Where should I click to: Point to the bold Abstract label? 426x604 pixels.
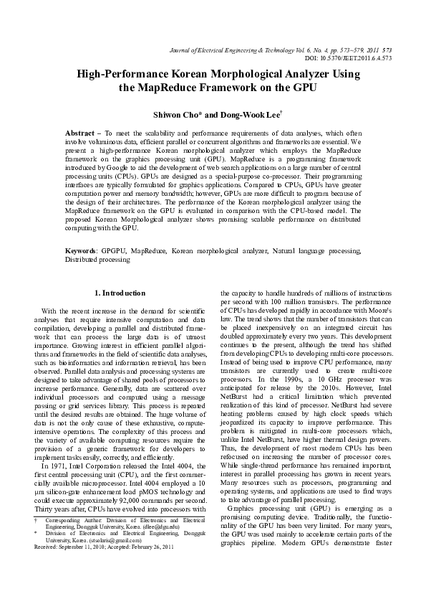click(x=81, y=134)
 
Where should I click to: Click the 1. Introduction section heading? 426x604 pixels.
click(x=120, y=293)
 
